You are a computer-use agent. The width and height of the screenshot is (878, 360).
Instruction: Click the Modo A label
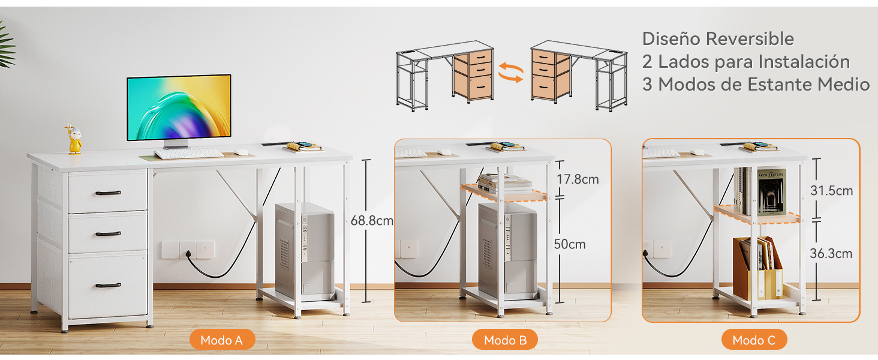click(x=222, y=340)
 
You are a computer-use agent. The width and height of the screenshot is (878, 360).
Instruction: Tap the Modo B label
click(x=505, y=340)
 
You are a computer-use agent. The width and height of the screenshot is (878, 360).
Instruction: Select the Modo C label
click(x=754, y=340)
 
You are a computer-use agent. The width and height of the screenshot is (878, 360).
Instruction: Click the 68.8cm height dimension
click(x=372, y=220)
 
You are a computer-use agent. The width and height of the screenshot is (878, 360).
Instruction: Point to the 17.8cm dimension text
click(x=577, y=179)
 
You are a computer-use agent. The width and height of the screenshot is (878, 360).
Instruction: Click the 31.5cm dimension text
click(x=831, y=191)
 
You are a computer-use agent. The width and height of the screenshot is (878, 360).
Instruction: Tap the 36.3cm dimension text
click(x=831, y=253)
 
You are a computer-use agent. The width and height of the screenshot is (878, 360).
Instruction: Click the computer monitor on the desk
click(x=179, y=108)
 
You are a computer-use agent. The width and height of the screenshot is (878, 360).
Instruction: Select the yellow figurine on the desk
click(x=74, y=140)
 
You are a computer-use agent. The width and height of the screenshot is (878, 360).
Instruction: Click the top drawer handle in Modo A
click(x=108, y=193)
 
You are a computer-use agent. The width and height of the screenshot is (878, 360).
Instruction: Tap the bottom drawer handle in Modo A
click(x=108, y=285)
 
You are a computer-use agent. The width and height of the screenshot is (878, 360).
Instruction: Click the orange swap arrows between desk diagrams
click(x=511, y=71)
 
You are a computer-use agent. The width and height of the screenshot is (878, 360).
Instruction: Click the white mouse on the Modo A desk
click(x=241, y=152)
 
